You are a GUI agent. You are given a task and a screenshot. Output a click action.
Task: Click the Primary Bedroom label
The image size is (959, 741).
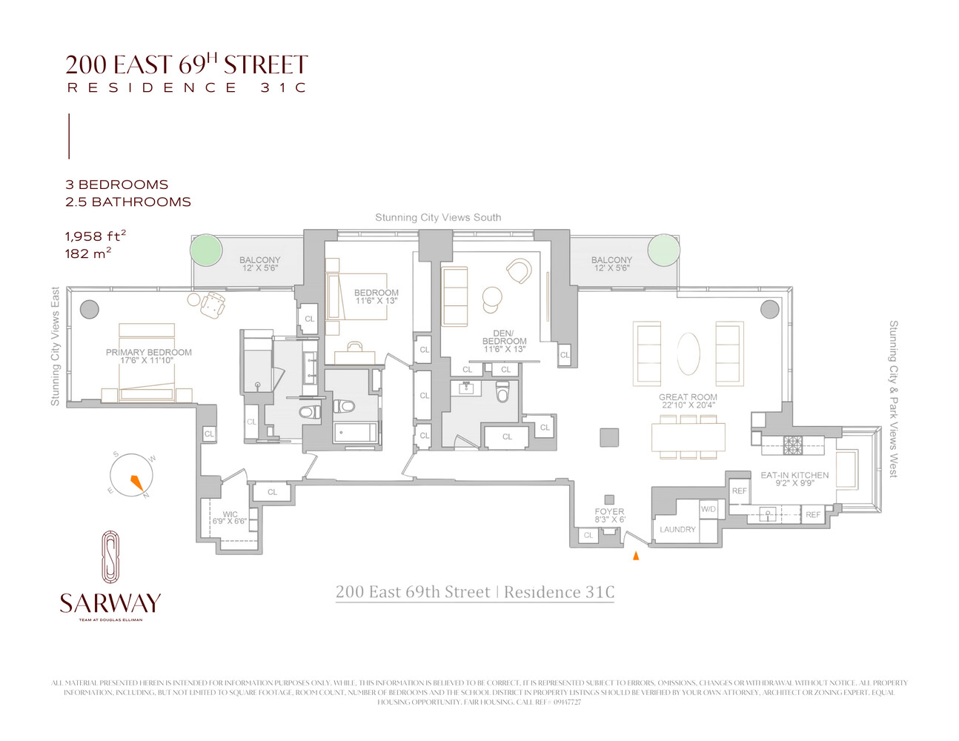coord(148,356)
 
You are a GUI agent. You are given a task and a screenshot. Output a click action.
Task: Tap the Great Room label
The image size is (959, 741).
coord(688,401)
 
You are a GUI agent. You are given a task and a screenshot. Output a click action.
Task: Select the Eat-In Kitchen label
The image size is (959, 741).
coord(794,479)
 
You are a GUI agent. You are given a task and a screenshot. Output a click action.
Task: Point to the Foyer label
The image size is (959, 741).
coord(609,515)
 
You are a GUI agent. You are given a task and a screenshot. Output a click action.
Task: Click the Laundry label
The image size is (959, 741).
coord(677,530)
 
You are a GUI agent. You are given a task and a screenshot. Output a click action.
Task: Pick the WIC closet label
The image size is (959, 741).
coord(230,517)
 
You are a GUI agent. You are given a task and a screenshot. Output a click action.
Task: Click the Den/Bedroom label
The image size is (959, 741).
coord(504,341)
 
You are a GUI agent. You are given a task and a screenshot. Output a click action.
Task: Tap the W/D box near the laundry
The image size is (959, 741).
coord(709,509)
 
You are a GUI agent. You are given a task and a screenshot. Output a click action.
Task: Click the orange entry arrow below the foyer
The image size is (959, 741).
coord(635,556)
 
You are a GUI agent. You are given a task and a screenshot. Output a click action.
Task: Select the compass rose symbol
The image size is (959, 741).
coord(132,476)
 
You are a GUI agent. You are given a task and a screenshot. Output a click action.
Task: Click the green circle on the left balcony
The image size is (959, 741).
coord(206,250)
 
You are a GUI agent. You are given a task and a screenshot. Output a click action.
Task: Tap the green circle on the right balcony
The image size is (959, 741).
coord(663,250)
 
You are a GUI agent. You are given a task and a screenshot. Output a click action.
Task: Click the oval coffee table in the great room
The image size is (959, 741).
coord(688,354)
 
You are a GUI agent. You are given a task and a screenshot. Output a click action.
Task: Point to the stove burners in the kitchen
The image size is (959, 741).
coord(793,445)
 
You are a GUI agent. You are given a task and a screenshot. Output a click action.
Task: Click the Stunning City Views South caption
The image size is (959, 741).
coord(438,217)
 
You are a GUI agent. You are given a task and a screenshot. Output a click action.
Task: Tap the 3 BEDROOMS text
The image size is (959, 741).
coord(116,185)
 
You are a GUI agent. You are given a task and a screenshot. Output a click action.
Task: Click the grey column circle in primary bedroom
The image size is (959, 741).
coord(90,309)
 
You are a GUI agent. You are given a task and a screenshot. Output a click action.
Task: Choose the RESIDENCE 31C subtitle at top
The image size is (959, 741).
coord(187,87)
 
